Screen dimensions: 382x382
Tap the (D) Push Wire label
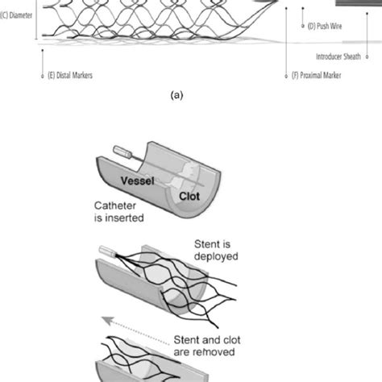pyautogui.click(x=329, y=27)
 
